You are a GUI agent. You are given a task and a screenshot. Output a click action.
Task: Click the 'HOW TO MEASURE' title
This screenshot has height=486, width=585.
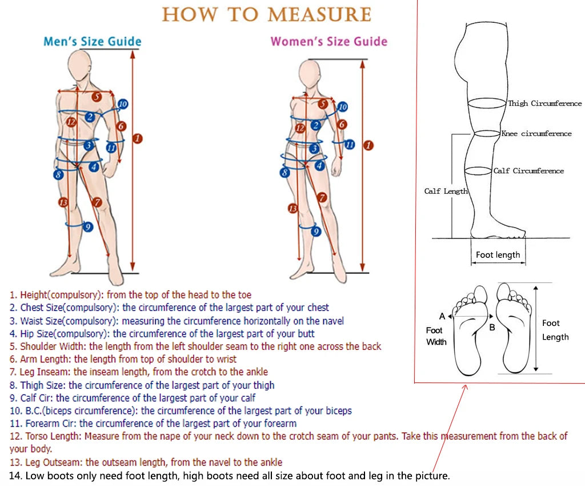pos(266,14)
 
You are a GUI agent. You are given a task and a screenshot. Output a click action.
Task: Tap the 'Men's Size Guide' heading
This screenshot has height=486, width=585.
pos(93,42)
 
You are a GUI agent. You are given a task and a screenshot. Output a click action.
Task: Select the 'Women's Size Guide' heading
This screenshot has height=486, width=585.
pos(328,42)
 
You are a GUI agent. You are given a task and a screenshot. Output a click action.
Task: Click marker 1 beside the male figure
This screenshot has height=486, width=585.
pos(137,138)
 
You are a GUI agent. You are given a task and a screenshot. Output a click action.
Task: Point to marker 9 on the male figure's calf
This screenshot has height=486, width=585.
pos(87,227)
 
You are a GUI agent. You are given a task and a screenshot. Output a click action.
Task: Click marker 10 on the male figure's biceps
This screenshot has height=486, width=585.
pos(122,104)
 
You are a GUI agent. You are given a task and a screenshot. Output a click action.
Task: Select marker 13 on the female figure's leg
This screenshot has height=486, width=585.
pos(293,209)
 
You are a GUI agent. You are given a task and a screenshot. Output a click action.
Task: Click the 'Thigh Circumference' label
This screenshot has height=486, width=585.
pos(544,103)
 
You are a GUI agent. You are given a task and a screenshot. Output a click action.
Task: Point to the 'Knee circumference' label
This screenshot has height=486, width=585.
pos(536,134)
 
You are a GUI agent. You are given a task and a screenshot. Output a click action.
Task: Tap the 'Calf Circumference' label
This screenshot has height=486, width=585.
pos(528,171)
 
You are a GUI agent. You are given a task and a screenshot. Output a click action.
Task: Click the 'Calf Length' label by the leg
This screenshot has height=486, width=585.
pos(446,192)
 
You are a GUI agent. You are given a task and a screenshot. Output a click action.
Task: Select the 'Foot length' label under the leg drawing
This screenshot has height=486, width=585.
pos(498,255)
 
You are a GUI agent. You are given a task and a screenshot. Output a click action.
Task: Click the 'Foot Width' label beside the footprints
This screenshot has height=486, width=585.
pos(436,336)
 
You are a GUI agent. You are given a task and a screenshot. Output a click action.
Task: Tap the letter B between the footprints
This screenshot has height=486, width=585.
pos(492,328)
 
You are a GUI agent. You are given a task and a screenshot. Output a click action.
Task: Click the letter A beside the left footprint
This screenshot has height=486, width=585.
pos(442,316)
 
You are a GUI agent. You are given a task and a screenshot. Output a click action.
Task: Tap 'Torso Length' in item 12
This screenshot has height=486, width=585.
pos(56,436)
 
